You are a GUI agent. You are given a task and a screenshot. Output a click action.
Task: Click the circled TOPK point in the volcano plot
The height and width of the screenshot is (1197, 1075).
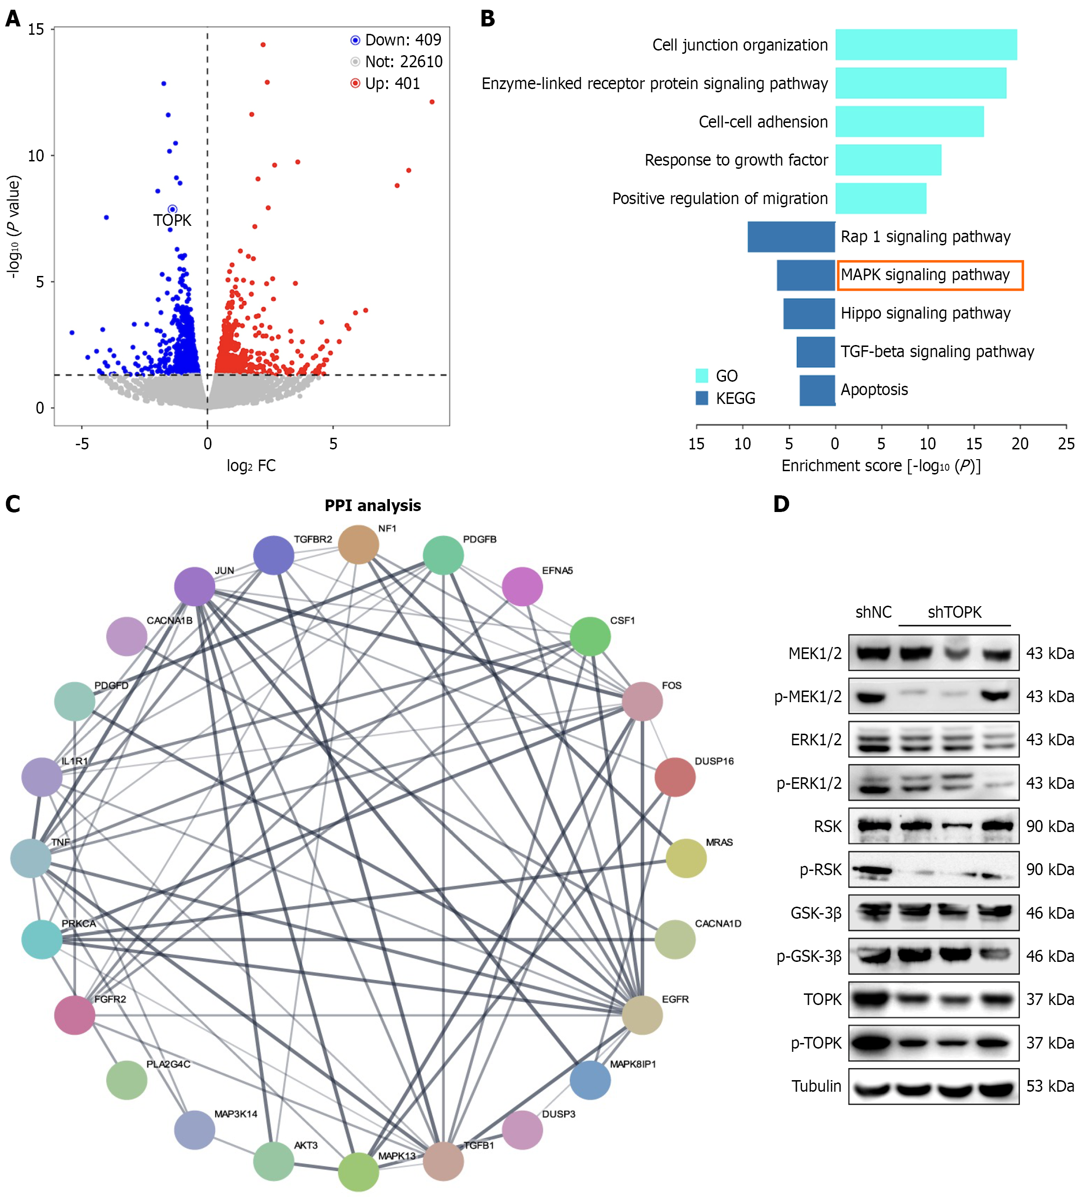pos(172,209)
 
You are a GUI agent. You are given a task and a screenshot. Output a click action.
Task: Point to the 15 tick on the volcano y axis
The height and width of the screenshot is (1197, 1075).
pos(36,29)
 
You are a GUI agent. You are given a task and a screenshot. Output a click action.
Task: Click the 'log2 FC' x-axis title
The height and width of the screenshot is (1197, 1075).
pos(251,466)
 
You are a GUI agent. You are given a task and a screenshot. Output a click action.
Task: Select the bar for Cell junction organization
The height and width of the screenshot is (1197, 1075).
pos(926,45)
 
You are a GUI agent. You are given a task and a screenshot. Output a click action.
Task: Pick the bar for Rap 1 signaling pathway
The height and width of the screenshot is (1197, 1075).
pos(791,237)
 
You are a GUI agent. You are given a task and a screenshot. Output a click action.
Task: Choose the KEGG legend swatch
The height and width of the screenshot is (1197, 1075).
pos(702,397)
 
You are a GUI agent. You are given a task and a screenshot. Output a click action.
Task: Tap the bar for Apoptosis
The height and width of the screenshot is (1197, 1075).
pos(817,390)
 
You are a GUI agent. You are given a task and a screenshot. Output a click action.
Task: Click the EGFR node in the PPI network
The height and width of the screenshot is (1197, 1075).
pos(642,1014)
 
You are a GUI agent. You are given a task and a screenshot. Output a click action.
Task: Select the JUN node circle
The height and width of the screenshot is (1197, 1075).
pos(194,586)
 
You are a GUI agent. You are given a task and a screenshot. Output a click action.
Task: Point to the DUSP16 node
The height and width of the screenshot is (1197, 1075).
pos(674,777)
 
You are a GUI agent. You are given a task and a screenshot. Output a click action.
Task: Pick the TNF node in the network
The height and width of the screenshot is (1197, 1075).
pos(31,858)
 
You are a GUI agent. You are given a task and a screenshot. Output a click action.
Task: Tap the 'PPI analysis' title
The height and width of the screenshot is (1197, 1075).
pos(373,506)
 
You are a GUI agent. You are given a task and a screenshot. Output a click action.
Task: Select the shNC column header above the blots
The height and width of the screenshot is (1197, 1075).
pos(873,612)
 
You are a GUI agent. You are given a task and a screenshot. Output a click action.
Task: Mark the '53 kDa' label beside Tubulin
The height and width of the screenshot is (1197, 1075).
pos(1049,1086)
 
